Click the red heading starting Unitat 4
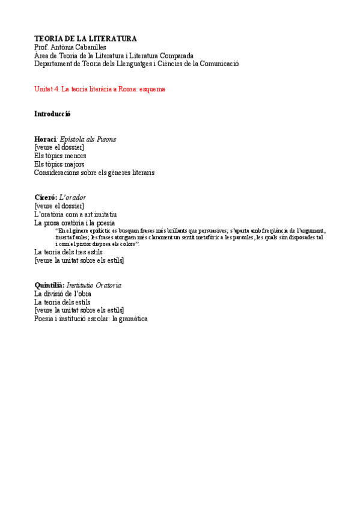99,88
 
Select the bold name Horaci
45,139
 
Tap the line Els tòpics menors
60,155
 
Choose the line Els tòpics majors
59,164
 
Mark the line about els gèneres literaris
94,173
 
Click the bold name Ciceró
46,197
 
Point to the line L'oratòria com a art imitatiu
75,214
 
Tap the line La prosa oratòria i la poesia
75,223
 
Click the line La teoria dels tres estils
68,252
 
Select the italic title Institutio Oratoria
94,285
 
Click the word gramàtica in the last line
129,319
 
